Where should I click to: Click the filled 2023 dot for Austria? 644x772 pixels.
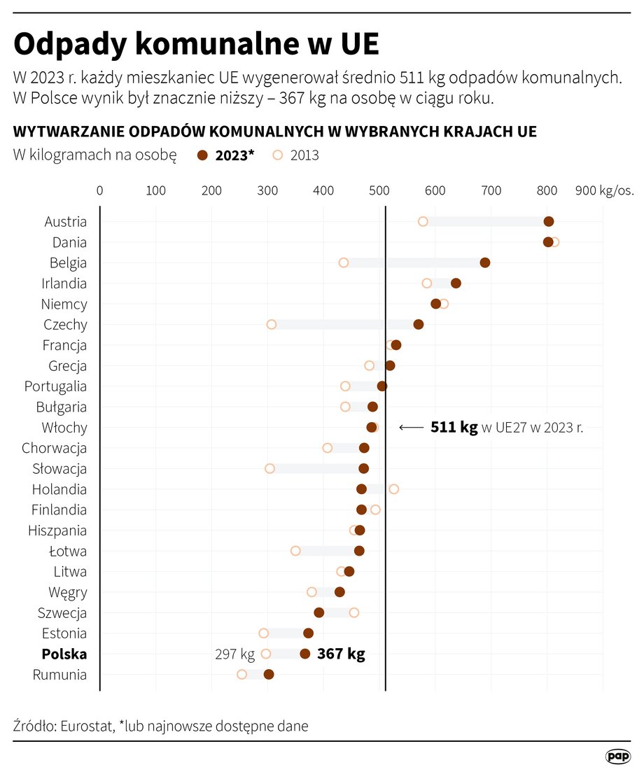pyautogui.click(x=549, y=222)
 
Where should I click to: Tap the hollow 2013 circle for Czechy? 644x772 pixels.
pyautogui.click(x=272, y=325)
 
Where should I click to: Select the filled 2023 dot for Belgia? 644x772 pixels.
pyautogui.click(x=485, y=263)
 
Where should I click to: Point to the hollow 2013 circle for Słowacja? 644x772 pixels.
pyautogui.click(x=269, y=468)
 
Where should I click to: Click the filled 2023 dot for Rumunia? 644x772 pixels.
pyautogui.click(x=269, y=675)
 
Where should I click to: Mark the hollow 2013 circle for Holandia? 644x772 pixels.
pyautogui.click(x=393, y=489)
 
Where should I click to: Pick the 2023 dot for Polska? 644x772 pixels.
pyautogui.click(x=304, y=654)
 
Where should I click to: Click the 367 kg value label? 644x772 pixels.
pyautogui.click(x=341, y=654)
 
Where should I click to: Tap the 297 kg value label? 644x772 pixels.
pyautogui.click(x=234, y=654)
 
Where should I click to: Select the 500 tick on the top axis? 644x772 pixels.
pyautogui.click(x=379, y=190)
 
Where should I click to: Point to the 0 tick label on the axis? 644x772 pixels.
pyautogui.click(x=99, y=190)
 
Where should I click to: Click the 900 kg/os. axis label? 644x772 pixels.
pyautogui.click(x=604, y=190)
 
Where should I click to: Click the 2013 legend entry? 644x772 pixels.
pyautogui.click(x=296, y=155)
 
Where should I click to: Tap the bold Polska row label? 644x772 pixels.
pyautogui.click(x=64, y=654)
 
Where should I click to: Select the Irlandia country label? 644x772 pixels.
pyautogui.click(x=64, y=283)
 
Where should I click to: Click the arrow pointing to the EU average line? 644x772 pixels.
pyautogui.click(x=411, y=428)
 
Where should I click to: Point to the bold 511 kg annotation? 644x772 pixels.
pyautogui.click(x=454, y=428)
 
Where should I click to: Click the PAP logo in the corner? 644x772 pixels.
pyautogui.click(x=617, y=756)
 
